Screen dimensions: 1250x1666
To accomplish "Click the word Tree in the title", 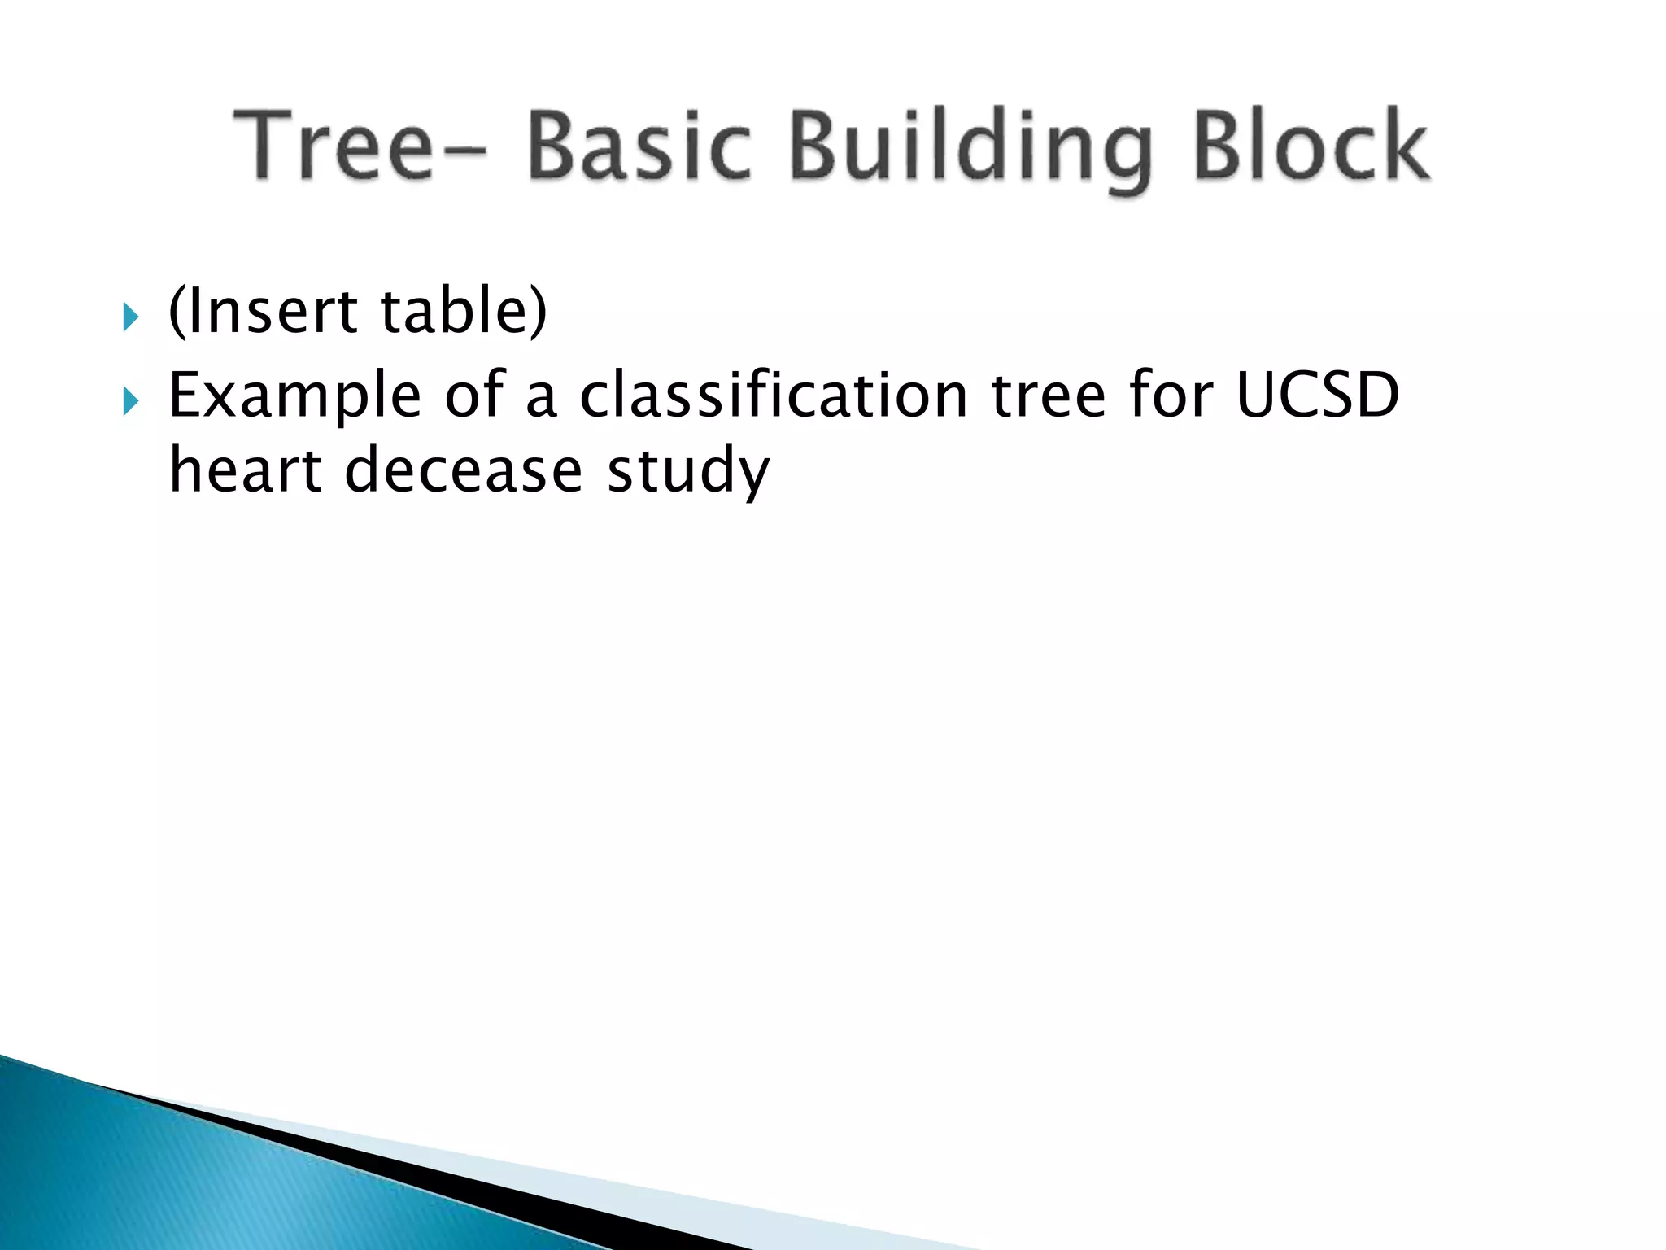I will (x=334, y=146).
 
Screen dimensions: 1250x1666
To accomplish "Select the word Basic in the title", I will (x=639, y=146).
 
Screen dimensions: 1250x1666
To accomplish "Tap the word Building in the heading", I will (x=972, y=151).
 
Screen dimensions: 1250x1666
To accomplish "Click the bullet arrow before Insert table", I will (x=130, y=317).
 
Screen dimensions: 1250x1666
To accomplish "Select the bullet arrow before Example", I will (x=130, y=401).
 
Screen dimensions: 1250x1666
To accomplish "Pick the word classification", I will (x=773, y=396).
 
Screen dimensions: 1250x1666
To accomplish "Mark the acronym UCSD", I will (x=1317, y=396).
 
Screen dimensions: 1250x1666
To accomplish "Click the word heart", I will (x=245, y=470).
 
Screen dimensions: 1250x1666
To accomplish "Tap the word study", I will (x=688, y=472).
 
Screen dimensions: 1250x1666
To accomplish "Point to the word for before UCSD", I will (x=1171, y=396).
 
